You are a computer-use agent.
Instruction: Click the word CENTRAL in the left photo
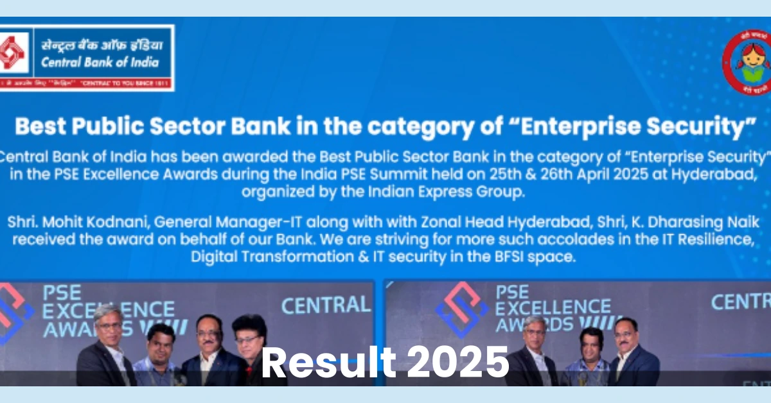[x=326, y=304]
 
